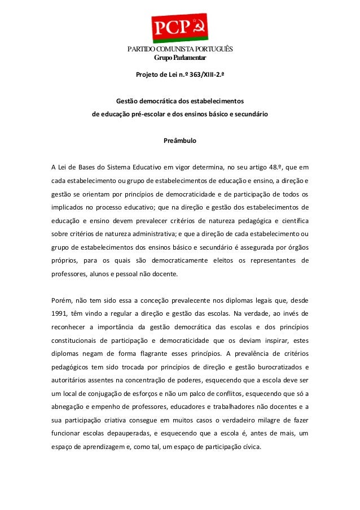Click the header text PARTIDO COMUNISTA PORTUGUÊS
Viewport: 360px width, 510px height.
pyautogui.click(x=179, y=49)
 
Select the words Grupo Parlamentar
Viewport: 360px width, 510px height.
pyautogui.click(x=179, y=58)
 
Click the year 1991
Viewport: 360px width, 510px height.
pyautogui.click(x=60, y=313)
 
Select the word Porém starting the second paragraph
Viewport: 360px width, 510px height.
pyautogui.click(x=61, y=299)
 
